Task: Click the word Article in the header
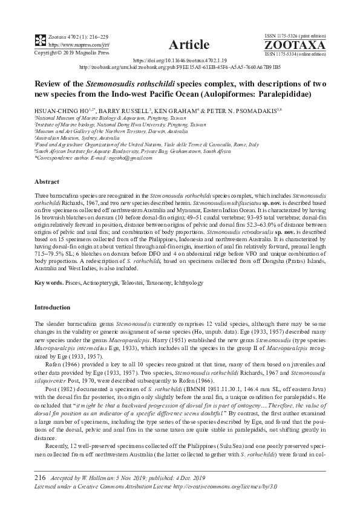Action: point(189,44)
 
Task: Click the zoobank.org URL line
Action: point(188,68)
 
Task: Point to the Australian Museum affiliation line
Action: point(61,138)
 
